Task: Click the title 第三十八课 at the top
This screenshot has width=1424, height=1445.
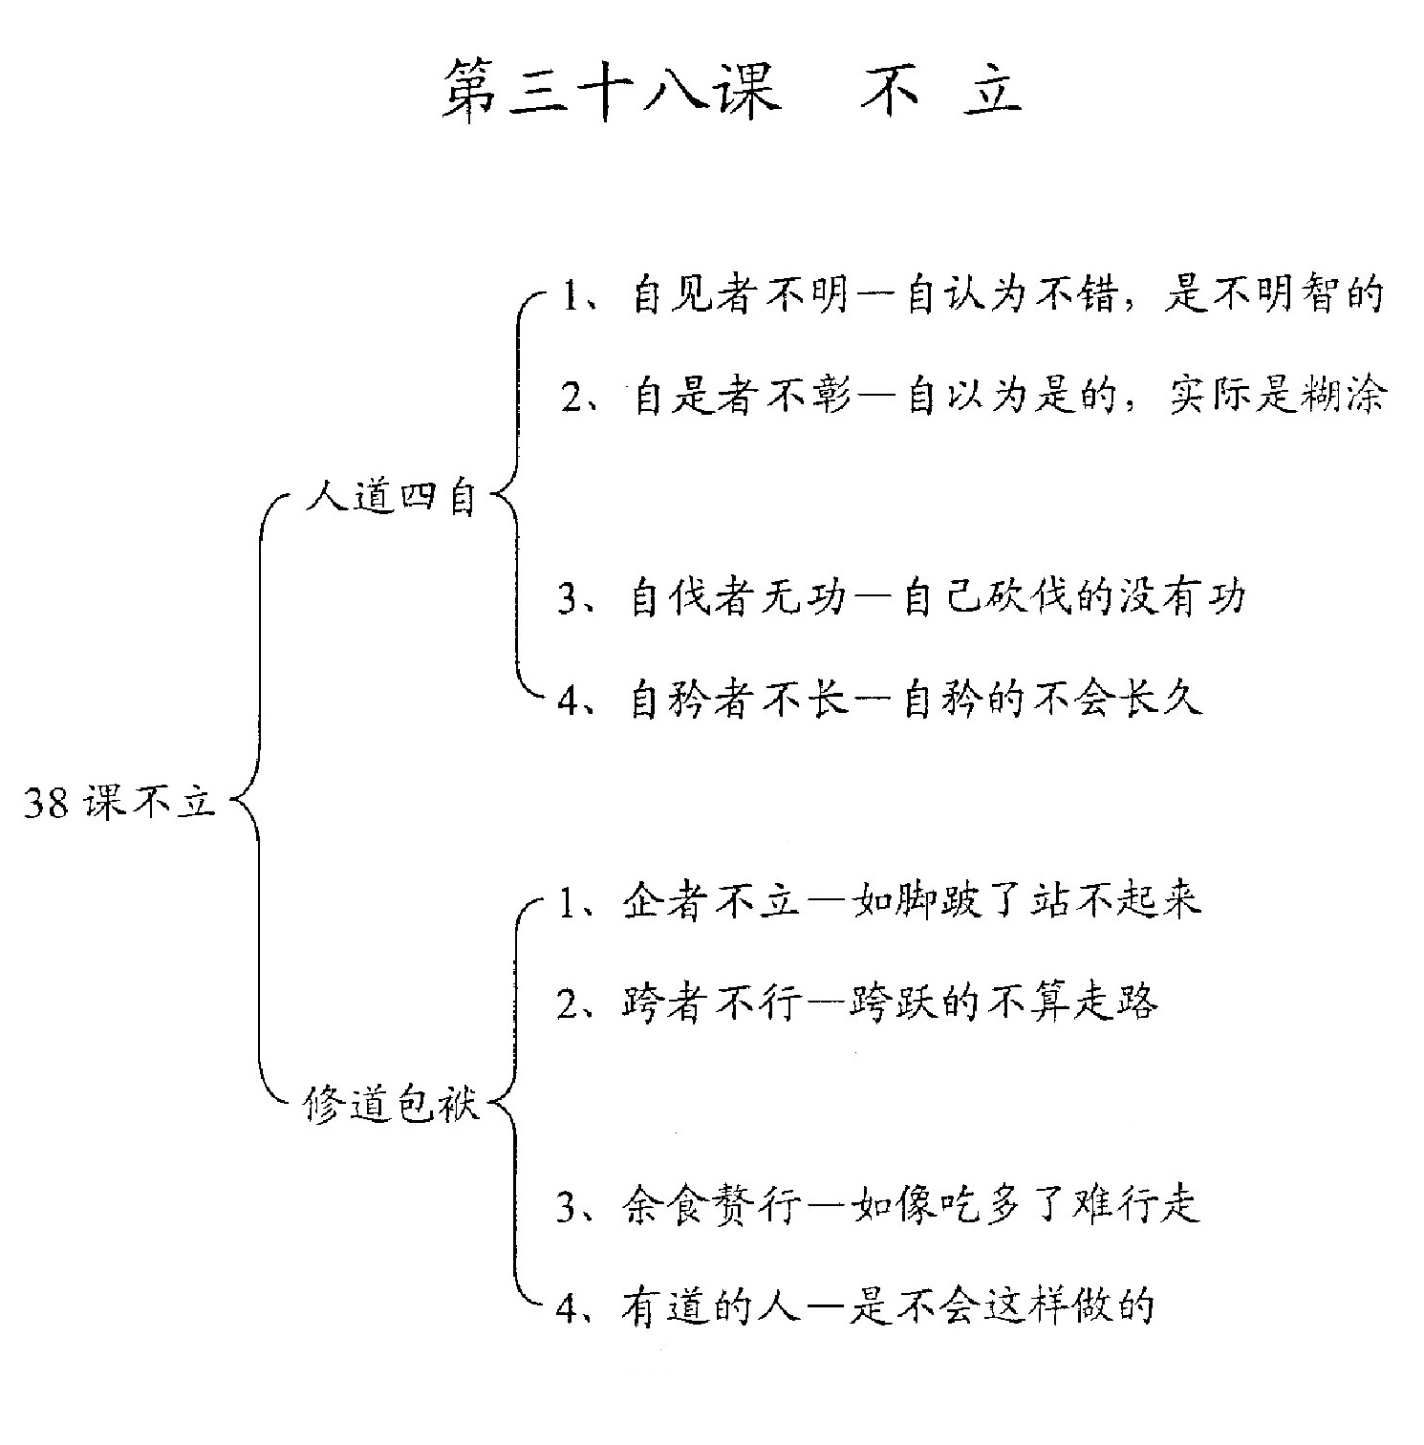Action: coord(611,92)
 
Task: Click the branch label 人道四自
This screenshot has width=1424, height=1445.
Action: coord(391,498)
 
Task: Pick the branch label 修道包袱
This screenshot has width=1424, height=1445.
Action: coord(391,1105)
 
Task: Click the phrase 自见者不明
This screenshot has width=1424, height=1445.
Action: coord(742,295)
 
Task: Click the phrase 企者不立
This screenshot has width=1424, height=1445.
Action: coord(712,900)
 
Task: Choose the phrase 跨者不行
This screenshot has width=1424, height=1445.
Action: coord(712,1003)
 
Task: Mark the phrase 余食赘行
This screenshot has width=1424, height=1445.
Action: coord(712,1205)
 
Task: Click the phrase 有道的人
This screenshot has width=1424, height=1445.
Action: coord(712,1306)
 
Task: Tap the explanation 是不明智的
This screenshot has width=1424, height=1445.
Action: coord(1274,295)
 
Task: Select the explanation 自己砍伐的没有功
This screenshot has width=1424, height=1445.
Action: coord(1075,598)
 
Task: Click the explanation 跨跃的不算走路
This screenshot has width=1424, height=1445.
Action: coord(1004,1003)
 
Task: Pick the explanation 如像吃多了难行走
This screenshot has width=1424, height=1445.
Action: coord(1025,1205)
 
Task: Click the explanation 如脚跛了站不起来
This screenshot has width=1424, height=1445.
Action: coord(1026,900)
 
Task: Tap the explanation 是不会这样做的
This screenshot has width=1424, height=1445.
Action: coord(1003,1306)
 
